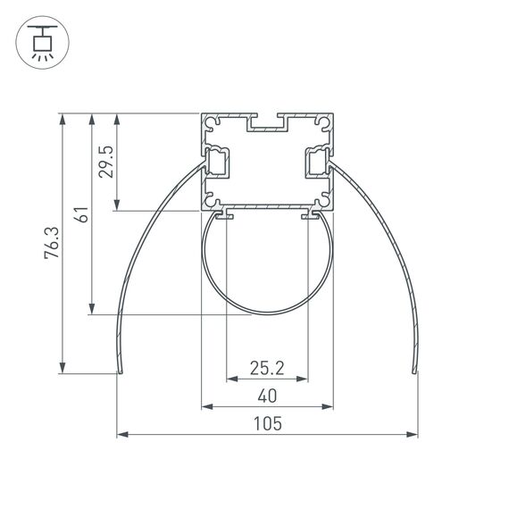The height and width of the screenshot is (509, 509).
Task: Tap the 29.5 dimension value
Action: tap(107, 163)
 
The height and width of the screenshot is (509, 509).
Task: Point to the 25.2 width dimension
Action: tap(267, 367)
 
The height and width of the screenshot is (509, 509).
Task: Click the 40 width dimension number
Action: tap(267, 396)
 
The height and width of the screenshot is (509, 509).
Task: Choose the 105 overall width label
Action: tap(267, 424)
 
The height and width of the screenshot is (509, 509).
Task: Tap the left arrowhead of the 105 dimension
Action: tap(121, 436)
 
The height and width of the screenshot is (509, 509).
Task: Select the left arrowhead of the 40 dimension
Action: tap(205, 407)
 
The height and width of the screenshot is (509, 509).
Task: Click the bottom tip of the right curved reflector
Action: tap(414, 371)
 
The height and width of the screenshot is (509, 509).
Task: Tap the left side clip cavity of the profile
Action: tap(217, 163)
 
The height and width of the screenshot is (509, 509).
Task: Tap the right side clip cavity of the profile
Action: tap(317, 163)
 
